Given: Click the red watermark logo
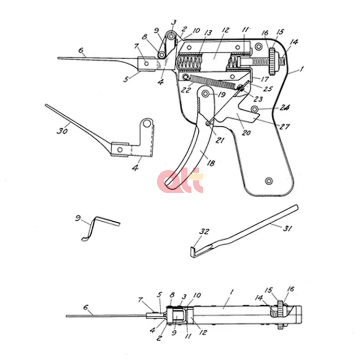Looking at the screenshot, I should [x=180, y=182].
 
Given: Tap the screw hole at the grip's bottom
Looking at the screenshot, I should [x=268, y=180].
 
